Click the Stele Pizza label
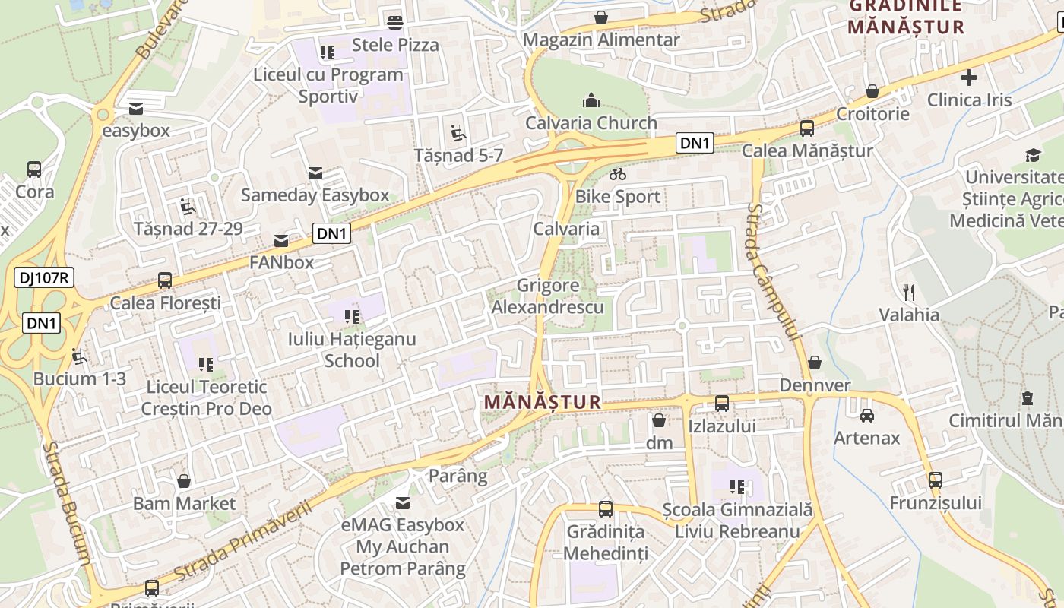pos(395,45)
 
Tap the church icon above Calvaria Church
pos(591,100)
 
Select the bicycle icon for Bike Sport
pos(618,175)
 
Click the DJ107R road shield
pos(43,278)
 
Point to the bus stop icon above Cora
pos(34,169)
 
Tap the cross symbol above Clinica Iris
pos(969,78)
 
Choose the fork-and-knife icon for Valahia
pos(908,292)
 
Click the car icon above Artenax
pos(867,416)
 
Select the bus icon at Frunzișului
pos(936,480)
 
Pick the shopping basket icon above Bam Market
pos(184,481)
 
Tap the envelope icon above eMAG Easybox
pos(403,502)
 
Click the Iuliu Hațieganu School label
pos(352,350)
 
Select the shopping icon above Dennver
pos(815,363)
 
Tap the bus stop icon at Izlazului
pos(722,404)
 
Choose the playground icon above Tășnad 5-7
pos(458,133)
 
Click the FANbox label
pos(282,262)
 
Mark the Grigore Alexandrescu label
pos(548,296)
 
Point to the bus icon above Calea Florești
pos(165,280)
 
